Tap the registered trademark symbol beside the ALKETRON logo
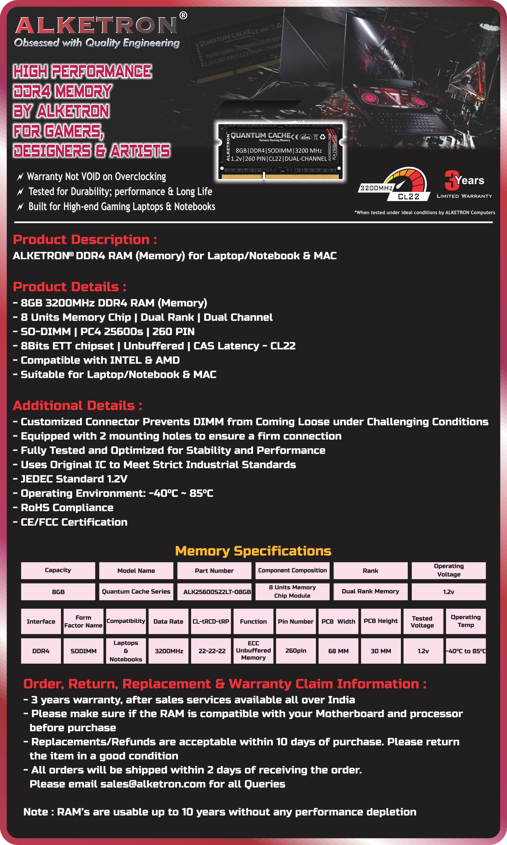[183, 15]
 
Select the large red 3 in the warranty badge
[451, 180]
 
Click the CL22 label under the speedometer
[409, 197]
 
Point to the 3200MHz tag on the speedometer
[376, 188]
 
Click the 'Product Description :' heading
[85, 239]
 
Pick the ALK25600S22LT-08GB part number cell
[217, 592]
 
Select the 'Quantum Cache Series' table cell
[136, 591]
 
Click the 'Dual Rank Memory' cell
[370, 591]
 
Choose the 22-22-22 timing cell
[212, 651]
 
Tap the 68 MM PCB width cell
[338, 651]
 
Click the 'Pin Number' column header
[295, 621]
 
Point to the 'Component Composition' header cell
[292, 570]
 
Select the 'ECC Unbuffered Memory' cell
[253, 651]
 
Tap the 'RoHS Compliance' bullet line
[67, 508]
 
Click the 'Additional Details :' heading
[78, 406]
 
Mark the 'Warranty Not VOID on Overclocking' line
[96, 177]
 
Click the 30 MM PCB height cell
[381, 651]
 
